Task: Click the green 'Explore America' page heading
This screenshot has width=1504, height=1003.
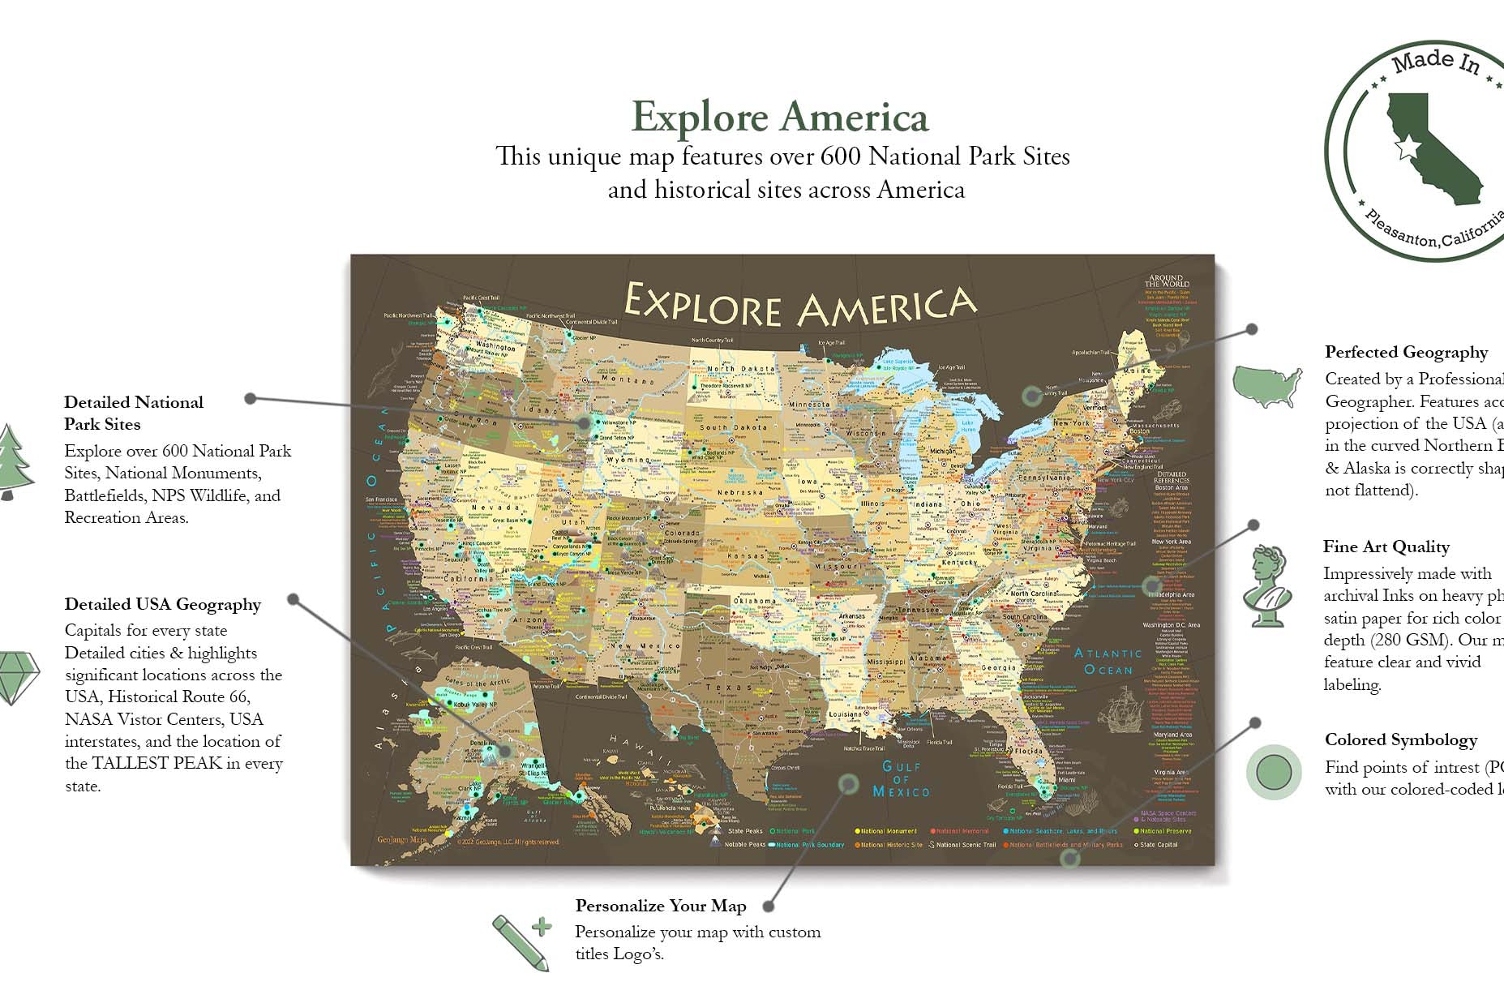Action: click(779, 117)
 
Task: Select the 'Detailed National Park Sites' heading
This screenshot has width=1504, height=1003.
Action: click(134, 413)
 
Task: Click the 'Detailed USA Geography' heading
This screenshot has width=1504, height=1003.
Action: click(162, 604)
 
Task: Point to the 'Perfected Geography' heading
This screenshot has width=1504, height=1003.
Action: click(1406, 352)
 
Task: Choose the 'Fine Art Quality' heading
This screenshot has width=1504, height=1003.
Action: click(1386, 547)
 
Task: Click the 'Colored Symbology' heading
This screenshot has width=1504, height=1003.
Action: click(1400, 739)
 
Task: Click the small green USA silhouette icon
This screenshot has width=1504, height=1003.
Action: click(1266, 385)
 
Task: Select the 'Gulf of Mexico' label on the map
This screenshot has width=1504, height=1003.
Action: click(901, 778)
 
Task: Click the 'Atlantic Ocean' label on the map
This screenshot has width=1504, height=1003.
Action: click(1108, 661)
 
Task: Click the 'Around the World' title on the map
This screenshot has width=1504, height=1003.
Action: click(1165, 281)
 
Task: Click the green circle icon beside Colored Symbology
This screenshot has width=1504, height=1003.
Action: click(1273, 772)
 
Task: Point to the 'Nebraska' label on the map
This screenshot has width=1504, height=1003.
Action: click(739, 492)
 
